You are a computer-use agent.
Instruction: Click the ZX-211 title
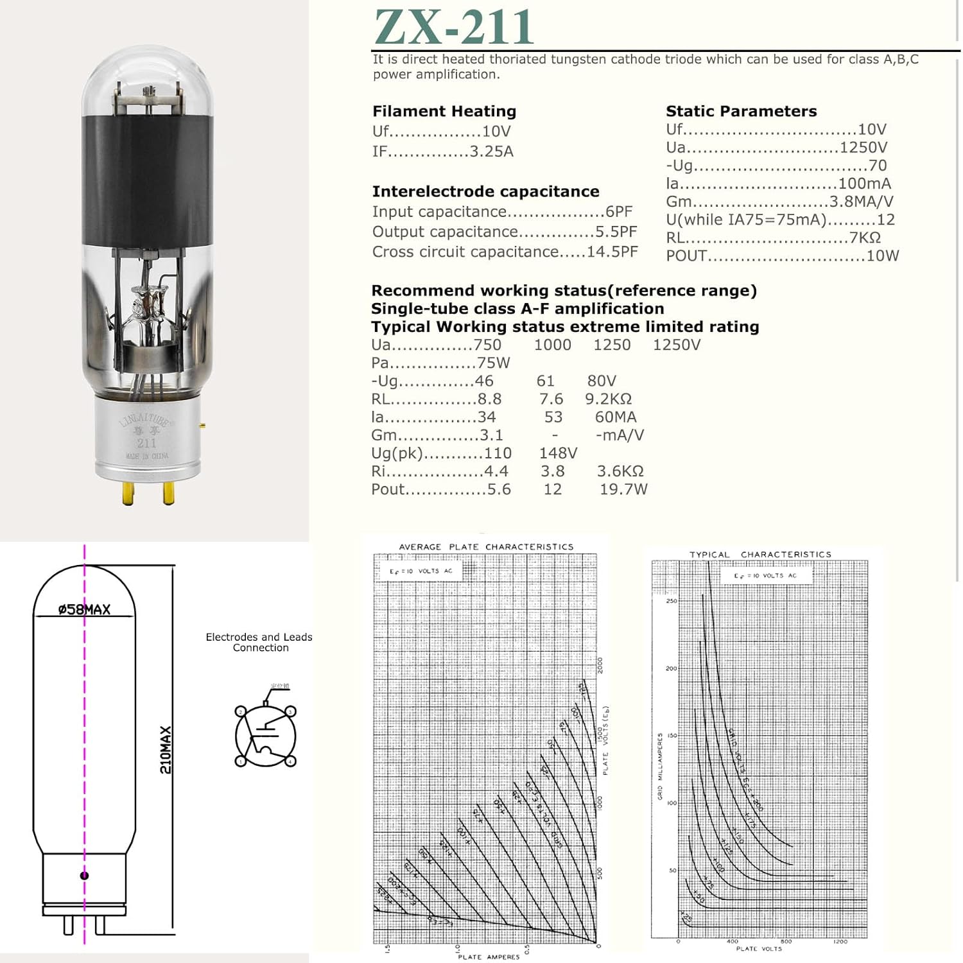click(x=453, y=27)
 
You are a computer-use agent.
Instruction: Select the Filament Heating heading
click(x=444, y=111)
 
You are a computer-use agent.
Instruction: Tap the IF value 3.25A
click(x=491, y=152)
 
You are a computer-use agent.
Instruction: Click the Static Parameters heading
click(x=741, y=111)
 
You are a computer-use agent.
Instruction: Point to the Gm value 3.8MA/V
click(x=861, y=202)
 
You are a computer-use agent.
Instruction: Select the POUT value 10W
click(x=882, y=256)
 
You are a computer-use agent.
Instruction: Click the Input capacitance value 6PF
click(x=619, y=212)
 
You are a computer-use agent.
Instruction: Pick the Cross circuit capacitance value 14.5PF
click(x=612, y=252)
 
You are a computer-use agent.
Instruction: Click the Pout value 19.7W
click(x=623, y=489)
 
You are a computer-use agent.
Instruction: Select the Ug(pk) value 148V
click(x=558, y=453)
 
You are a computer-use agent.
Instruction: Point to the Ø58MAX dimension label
click(x=84, y=609)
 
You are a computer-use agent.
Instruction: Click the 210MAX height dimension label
click(x=166, y=749)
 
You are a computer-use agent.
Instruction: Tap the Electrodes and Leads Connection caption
click(x=259, y=642)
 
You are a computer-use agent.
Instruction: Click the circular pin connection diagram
click(x=266, y=736)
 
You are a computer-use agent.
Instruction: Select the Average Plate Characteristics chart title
click(x=486, y=547)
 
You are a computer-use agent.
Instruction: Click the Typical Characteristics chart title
click(x=760, y=554)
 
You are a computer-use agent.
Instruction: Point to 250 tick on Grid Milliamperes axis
click(x=671, y=601)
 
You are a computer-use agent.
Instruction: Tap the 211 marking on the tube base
click(x=146, y=443)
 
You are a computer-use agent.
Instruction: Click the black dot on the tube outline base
click(x=84, y=875)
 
